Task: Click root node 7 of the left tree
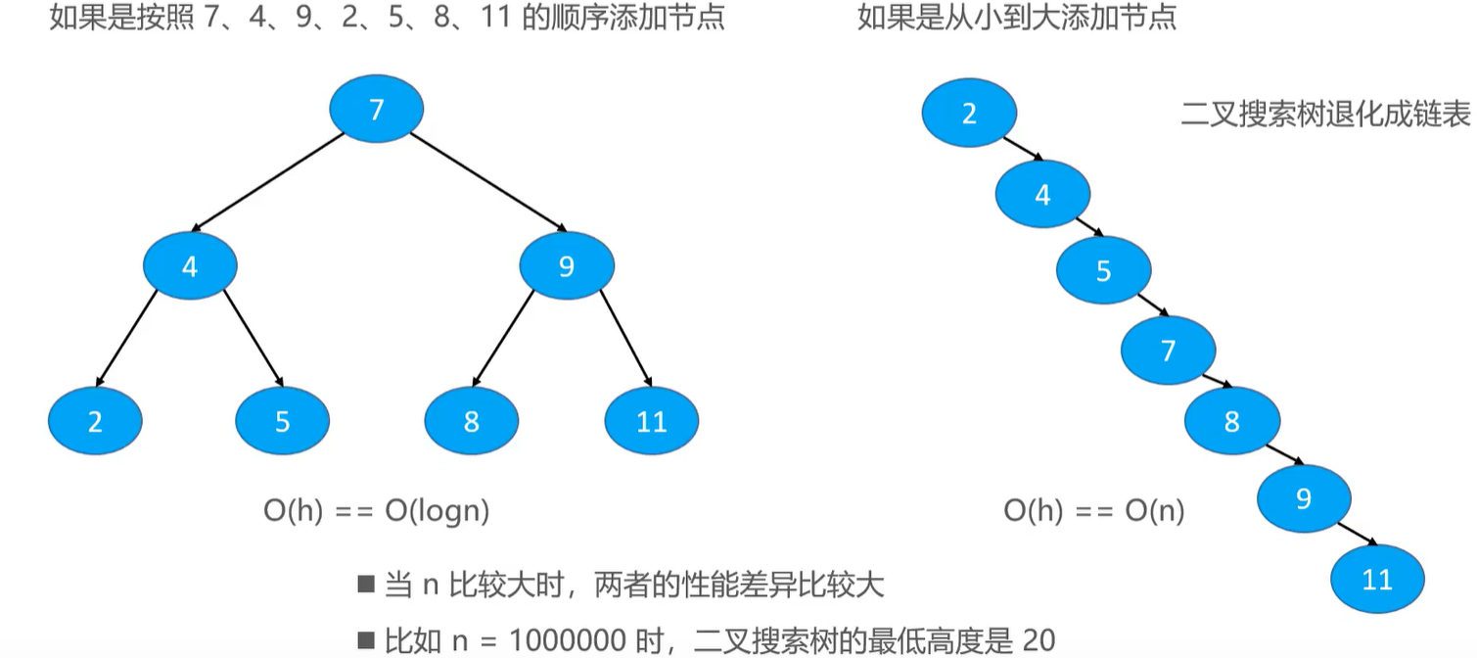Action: [x=376, y=109]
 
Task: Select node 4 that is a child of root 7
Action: [x=190, y=265]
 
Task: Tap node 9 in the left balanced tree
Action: [x=566, y=265]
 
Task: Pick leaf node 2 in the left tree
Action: [x=95, y=421]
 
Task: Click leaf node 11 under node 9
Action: [x=651, y=421]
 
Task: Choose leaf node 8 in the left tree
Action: [x=472, y=421]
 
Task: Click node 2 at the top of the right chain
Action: [x=969, y=114]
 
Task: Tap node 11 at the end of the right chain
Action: [x=1377, y=579]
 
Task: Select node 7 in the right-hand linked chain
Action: [x=1168, y=350]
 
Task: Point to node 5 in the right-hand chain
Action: [x=1104, y=270]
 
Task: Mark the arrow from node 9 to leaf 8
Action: [x=504, y=338]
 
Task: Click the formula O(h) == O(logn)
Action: [x=376, y=510]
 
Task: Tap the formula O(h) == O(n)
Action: [x=1093, y=510]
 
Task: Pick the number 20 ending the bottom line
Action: [x=1039, y=641]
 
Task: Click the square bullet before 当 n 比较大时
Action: [x=366, y=586]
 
